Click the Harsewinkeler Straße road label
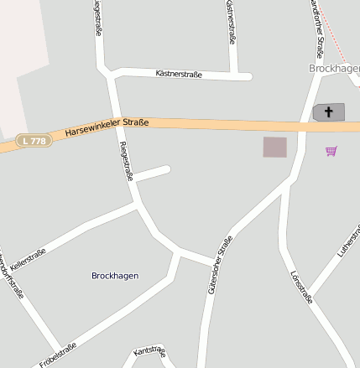(x=107, y=127)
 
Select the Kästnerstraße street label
(x=179, y=75)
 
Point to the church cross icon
(x=329, y=111)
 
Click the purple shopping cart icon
(x=331, y=151)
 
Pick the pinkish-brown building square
(x=274, y=147)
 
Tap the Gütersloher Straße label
(x=221, y=264)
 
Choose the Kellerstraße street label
(x=28, y=258)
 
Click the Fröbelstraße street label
(x=57, y=355)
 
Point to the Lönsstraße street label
(x=300, y=286)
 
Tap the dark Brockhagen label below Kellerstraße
(x=115, y=275)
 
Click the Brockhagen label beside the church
(x=334, y=67)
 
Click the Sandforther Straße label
(x=316, y=25)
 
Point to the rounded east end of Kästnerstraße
(x=248, y=77)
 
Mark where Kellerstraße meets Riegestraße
(x=137, y=204)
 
